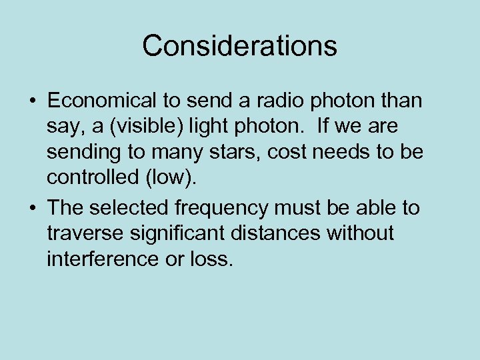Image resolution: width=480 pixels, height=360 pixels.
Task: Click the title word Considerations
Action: [239, 46]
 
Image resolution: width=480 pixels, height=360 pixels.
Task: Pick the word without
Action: [361, 233]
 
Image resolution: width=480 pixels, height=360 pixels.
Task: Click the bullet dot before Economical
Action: [32, 101]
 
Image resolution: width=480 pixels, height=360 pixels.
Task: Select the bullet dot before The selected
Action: [32, 209]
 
